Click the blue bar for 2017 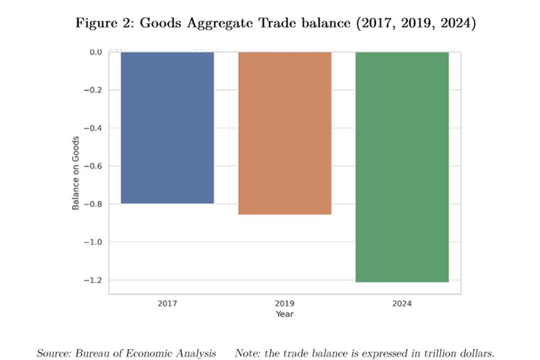[x=167, y=128]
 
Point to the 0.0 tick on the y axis [x=95, y=52]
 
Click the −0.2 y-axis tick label [x=93, y=90]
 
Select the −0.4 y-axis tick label [x=93, y=128]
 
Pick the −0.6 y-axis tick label [x=93, y=166]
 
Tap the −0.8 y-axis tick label [x=93, y=204]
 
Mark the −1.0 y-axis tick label [x=93, y=242]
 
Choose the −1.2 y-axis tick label [x=93, y=280]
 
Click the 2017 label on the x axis [x=167, y=304]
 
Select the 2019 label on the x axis [x=284, y=304]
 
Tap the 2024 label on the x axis [x=402, y=304]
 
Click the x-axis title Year [x=284, y=314]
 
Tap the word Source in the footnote [x=53, y=353]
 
